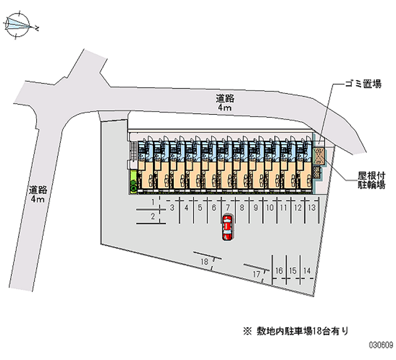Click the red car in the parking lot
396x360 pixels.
pos(227,227)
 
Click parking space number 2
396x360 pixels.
pos(153,216)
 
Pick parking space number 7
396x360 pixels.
pos(228,208)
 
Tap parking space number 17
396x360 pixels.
pos(256,273)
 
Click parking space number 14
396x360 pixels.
pos(307,270)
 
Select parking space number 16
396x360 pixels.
pos(279,270)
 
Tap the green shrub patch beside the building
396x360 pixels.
pos(134,181)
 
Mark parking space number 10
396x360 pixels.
pos(269,208)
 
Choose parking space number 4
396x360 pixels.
pos(186,208)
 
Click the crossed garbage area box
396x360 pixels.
pos(318,155)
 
